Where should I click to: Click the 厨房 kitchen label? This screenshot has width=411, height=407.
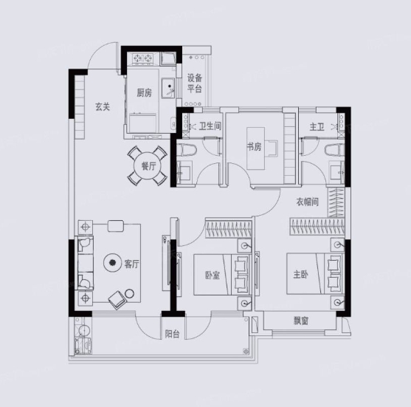coord(144,92)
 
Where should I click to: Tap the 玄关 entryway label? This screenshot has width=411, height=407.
coord(103,106)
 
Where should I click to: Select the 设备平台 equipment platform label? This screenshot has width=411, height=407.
coord(195,83)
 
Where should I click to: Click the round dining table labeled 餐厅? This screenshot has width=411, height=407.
coord(148,166)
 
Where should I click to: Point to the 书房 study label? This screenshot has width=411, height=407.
coord(254,147)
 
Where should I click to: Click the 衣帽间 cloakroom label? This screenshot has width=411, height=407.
coord(308,202)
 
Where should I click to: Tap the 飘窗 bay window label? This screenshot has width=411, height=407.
coord(301,321)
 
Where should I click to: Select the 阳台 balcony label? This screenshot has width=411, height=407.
coord(172,334)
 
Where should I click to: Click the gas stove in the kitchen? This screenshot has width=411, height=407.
coord(142,58)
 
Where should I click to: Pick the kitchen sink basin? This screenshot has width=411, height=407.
coord(168,88)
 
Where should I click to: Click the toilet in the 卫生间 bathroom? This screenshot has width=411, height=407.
coord(187,150)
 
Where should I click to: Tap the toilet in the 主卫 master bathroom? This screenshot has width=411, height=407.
coord(334,151)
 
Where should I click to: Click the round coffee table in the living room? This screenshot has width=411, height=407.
coord(113,262)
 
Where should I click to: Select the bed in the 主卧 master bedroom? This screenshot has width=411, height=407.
coord(315,273)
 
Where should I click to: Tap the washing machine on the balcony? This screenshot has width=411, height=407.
coord(83,346)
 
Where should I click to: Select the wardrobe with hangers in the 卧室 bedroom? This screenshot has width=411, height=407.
coord(229,228)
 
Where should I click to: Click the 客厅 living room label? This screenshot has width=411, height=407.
coord(131,264)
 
